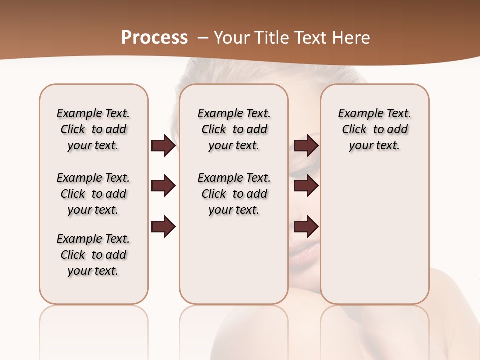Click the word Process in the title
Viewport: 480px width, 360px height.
[154, 38]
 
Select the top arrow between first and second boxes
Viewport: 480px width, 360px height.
[163, 146]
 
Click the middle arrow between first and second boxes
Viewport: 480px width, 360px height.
[163, 186]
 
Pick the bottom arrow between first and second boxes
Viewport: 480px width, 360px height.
[163, 227]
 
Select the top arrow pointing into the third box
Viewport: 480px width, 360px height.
[306, 146]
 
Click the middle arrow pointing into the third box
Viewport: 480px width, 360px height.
[306, 186]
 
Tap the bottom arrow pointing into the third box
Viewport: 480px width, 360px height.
[306, 227]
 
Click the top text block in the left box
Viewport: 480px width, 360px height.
[93, 129]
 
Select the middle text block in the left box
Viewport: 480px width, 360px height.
[93, 194]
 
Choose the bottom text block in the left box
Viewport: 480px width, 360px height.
[93, 255]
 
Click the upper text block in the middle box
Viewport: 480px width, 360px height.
[234, 129]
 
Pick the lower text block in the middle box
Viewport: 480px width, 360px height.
[234, 194]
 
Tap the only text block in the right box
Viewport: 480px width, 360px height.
[374, 129]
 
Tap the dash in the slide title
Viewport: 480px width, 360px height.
[203, 38]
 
